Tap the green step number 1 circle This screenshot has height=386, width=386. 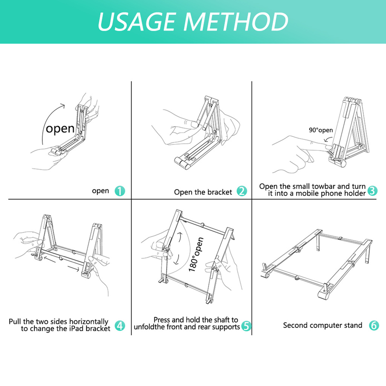120,191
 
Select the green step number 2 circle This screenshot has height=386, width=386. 242,191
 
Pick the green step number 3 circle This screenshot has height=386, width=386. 372,190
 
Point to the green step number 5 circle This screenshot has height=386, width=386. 246,326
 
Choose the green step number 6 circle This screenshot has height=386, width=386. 374,325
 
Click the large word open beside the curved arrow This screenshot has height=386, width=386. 60,129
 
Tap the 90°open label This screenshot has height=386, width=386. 321,130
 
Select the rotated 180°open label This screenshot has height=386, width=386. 196,254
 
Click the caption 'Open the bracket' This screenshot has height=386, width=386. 203,192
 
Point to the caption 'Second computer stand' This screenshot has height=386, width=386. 323,325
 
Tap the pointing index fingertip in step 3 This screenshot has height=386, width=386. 329,147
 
